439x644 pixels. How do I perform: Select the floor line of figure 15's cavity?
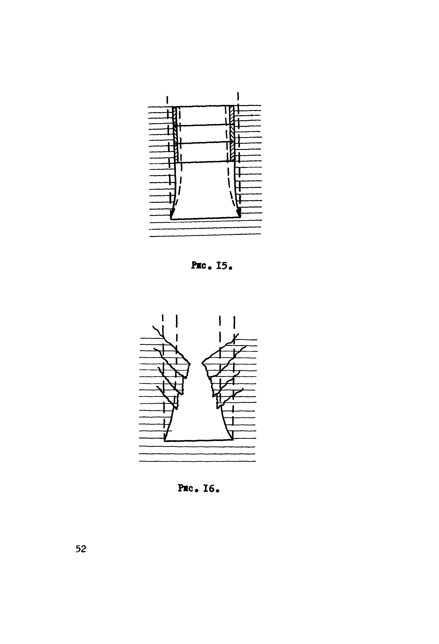click(x=205, y=219)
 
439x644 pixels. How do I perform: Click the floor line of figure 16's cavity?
click(x=199, y=440)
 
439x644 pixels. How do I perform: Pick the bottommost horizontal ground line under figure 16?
click(x=197, y=461)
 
